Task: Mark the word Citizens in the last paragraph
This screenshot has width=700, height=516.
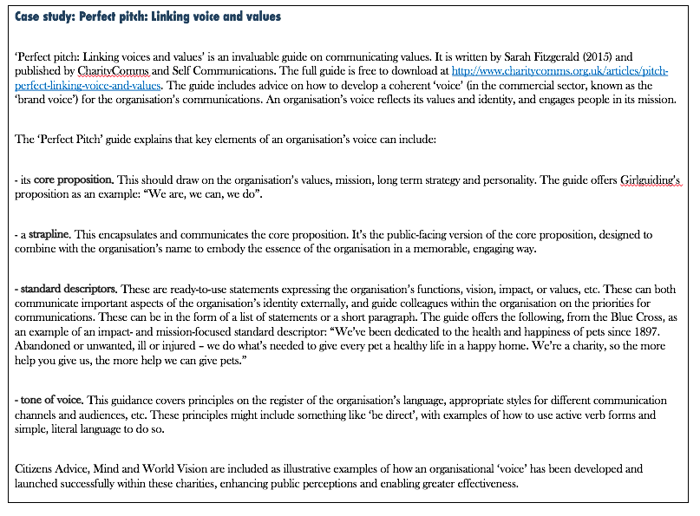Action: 36,469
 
